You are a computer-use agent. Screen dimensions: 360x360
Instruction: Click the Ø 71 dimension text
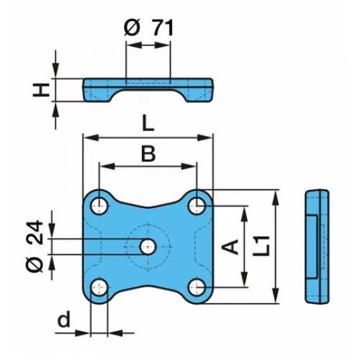148,28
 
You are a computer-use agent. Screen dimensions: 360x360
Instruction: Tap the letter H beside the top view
41,90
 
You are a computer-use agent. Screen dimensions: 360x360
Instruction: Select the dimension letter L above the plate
148,123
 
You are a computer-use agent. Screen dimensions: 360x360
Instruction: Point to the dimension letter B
148,153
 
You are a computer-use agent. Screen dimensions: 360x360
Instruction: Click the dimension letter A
230,246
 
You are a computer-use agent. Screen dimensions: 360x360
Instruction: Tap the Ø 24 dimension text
35,246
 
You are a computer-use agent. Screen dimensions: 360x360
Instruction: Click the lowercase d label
64,319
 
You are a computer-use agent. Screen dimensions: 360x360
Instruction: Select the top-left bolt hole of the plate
99,206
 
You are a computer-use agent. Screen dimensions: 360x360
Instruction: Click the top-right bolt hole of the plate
197,206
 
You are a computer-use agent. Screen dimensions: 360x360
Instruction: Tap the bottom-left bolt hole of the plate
99,287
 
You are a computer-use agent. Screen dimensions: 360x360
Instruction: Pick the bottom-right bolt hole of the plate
197,287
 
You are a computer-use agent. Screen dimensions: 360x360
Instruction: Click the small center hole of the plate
148,246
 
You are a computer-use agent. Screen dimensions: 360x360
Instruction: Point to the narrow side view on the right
317,246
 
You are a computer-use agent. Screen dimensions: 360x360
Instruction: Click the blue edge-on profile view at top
148,90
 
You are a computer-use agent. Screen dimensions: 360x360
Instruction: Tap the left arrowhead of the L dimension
91,138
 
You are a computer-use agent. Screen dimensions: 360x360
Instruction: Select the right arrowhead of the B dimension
189,166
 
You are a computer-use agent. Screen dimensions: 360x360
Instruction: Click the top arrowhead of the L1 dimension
276,198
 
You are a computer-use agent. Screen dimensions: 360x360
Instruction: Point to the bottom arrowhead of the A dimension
244,279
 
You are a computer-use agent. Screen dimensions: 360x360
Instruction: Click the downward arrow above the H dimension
55,64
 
